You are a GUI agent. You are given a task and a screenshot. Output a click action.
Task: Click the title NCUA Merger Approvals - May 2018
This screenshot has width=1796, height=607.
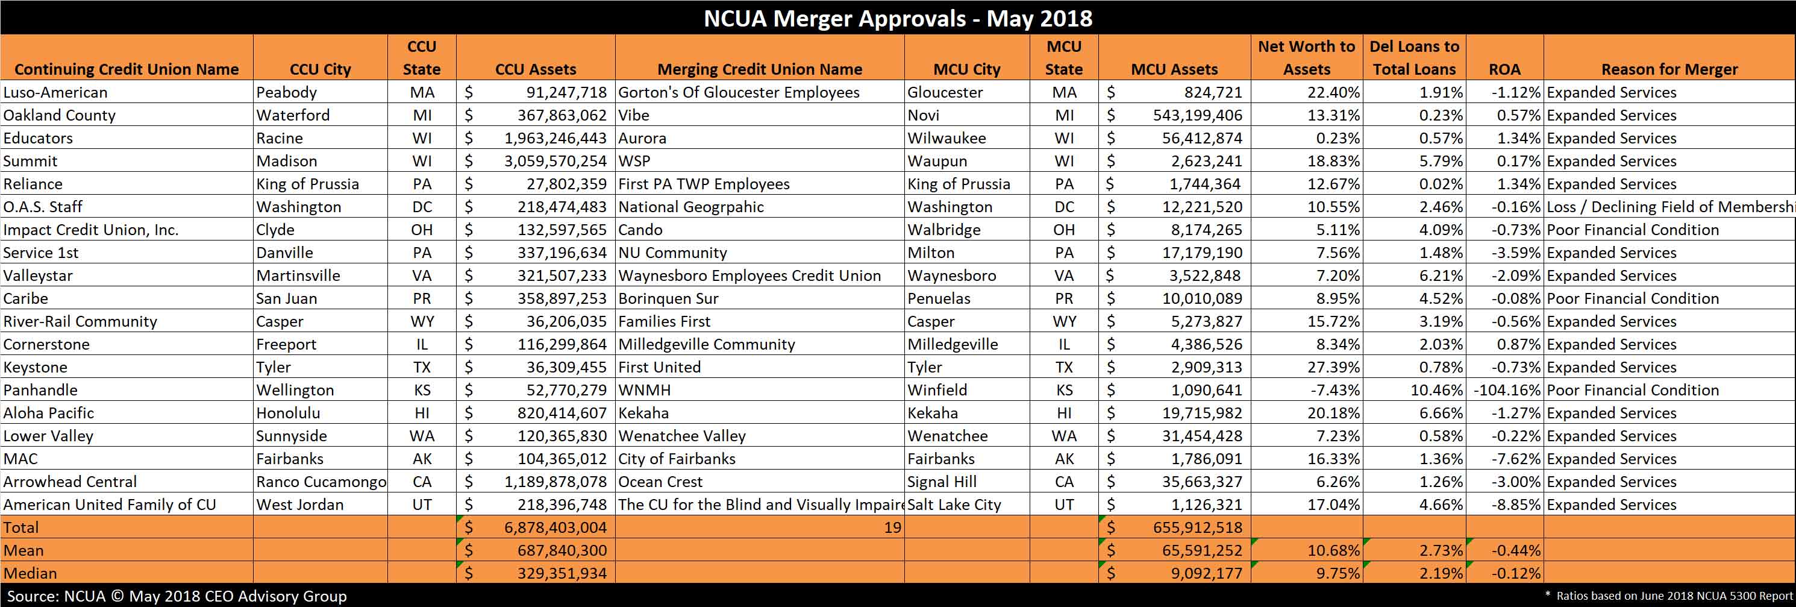point(898,18)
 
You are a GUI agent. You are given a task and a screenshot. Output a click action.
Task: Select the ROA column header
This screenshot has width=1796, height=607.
point(1504,69)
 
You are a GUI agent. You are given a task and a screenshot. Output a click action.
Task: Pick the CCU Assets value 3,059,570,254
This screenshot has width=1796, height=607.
point(555,161)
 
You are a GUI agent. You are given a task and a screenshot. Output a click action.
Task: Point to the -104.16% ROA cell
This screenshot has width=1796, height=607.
point(1507,390)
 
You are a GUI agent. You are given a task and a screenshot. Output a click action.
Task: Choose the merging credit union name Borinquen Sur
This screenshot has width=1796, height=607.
point(668,298)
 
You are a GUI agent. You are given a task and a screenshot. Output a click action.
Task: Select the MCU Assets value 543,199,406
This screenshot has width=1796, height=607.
point(1198,115)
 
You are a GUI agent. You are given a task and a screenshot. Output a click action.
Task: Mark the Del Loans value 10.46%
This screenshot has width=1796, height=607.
point(1436,390)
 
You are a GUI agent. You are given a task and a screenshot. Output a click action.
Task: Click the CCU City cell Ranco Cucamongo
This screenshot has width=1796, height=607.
point(321,482)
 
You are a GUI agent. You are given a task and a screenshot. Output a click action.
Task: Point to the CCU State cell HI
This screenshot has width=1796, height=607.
point(422,413)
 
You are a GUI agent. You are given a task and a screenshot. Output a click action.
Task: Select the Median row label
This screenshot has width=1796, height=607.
point(31,573)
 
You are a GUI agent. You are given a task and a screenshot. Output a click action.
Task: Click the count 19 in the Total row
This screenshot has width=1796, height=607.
point(892,527)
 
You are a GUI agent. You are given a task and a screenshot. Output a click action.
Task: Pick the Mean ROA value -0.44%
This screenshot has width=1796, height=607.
point(1516,550)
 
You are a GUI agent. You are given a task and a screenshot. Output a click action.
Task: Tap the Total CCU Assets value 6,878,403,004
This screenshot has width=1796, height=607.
point(555,527)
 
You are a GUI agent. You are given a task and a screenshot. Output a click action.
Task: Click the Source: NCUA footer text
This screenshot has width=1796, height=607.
point(57,596)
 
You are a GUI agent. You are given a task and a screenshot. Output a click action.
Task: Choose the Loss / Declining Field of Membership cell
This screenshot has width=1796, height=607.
point(1671,207)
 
